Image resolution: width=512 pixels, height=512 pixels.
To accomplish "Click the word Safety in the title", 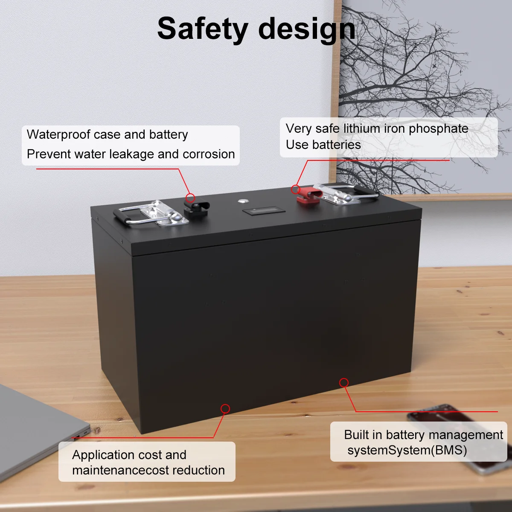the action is pos(203,29).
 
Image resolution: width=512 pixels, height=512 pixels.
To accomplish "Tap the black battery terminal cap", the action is pos(196,209).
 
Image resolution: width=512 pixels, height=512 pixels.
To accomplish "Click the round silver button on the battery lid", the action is pos(244,201).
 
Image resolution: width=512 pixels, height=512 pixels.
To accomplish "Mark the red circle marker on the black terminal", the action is pos(191,198).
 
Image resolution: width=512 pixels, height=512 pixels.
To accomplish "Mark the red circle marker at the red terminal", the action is pos(295,189).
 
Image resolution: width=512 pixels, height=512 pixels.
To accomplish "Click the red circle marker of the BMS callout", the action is pos(344,383).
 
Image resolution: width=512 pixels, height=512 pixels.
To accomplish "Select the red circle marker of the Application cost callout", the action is pos(225,409).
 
